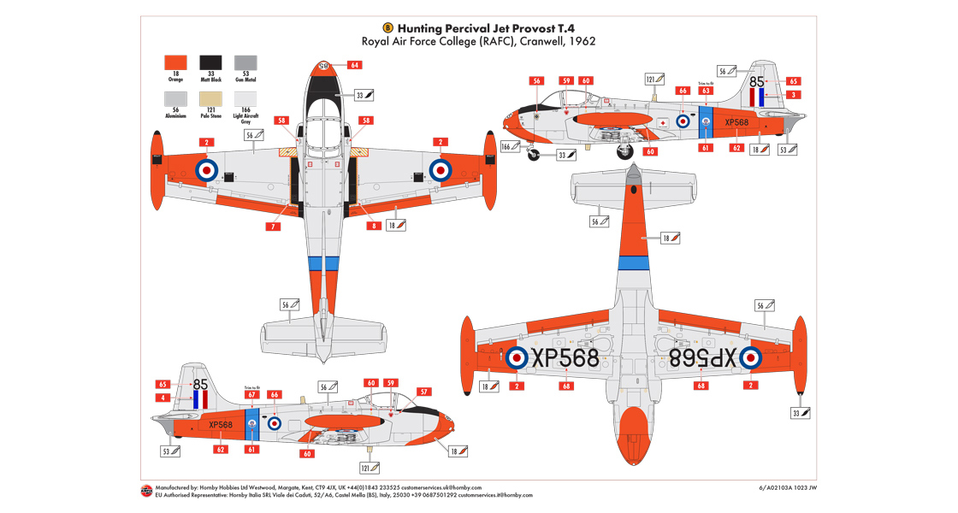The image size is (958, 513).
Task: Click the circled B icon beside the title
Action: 387,27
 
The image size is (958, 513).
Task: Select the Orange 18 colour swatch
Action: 174,62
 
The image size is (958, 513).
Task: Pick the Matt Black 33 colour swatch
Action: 210,62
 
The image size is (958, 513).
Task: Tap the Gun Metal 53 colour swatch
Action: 246,62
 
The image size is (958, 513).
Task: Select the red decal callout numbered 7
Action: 273,226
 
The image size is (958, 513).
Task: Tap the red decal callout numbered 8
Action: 374,226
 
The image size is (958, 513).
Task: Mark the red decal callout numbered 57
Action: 424,392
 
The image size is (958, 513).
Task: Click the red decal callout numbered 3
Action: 794,95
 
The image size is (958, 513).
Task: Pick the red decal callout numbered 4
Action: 163,398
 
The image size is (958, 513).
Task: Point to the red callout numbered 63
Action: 706,90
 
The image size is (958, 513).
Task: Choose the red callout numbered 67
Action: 251,394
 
